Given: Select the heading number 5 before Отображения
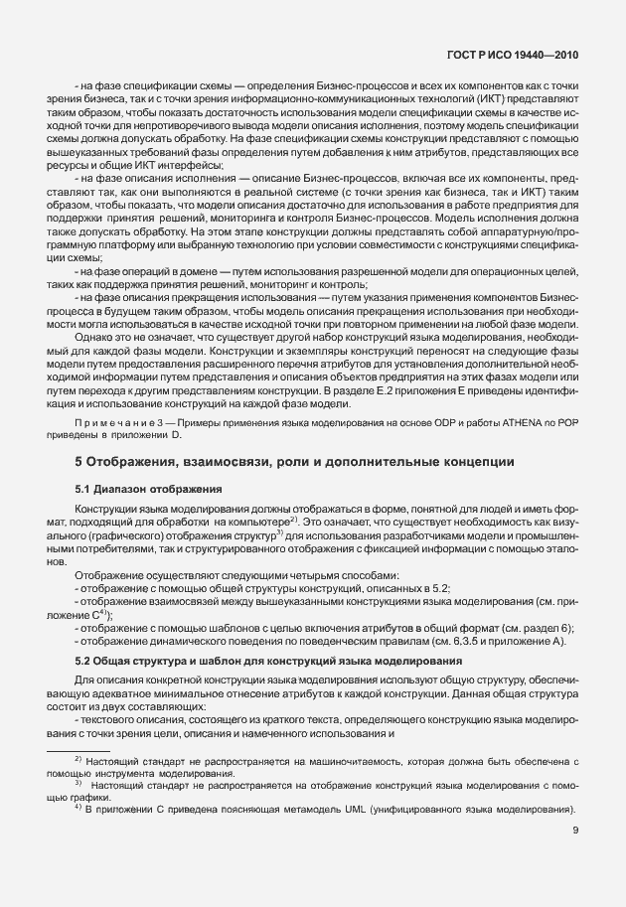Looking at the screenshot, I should [x=78, y=462].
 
